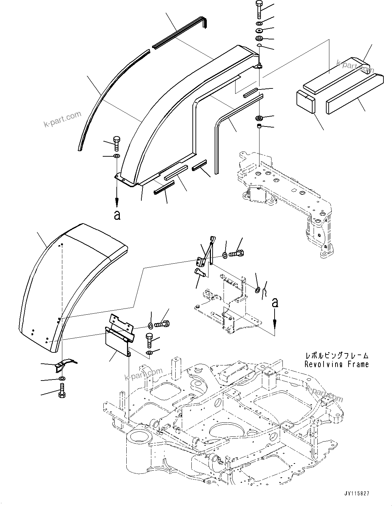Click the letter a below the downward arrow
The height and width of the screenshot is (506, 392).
pyautogui.click(x=117, y=215)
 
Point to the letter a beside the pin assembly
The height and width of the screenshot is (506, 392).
pyautogui.click(x=275, y=302)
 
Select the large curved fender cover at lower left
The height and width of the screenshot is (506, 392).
pyautogui.click(x=62, y=285)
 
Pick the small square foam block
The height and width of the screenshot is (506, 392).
pyautogui.click(x=305, y=101)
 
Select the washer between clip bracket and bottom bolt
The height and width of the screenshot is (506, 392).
pyautogui.click(x=62, y=378)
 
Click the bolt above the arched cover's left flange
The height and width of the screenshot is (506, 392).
pyautogui.click(x=116, y=143)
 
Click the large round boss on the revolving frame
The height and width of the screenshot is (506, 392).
pyautogui.click(x=140, y=439)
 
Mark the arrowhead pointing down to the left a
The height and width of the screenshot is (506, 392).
pyautogui.click(x=117, y=203)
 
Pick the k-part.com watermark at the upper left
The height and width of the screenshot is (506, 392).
pyautogui.click(x=63, y=118)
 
